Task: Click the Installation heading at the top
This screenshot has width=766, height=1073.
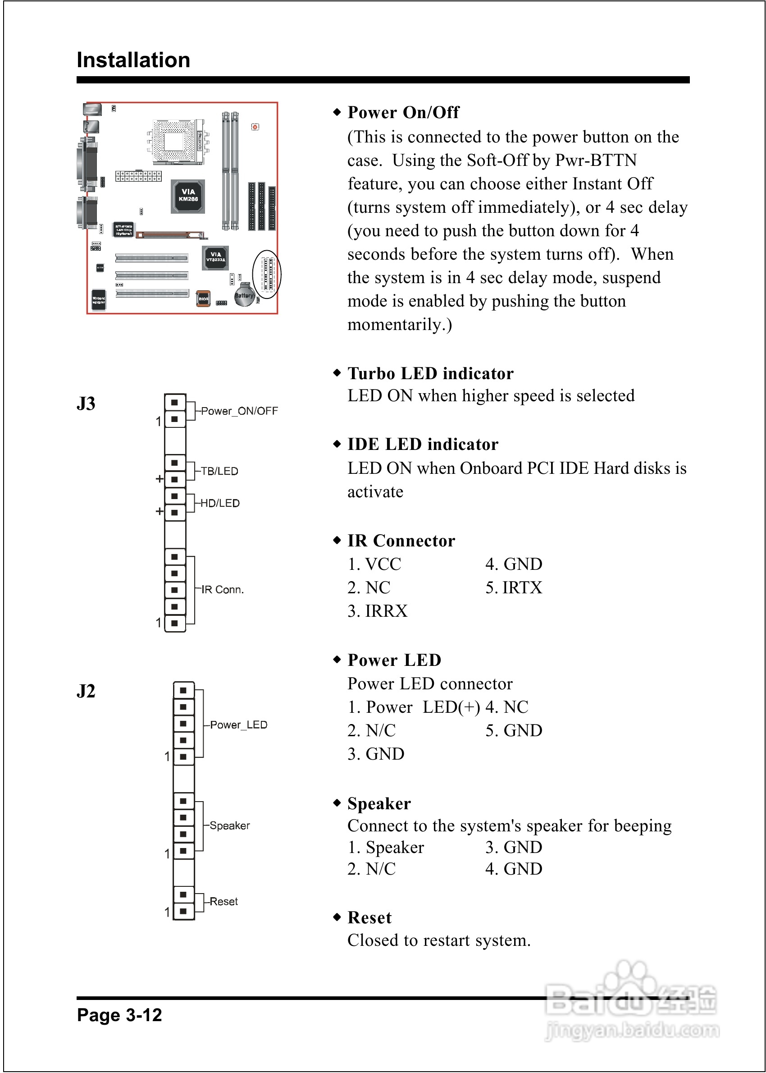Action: tap(133, 60)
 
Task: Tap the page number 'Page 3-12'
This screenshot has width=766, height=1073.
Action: tap(119, 1014)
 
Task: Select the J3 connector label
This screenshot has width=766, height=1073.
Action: tap(86, 404)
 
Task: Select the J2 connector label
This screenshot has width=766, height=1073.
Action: tap(86, 691)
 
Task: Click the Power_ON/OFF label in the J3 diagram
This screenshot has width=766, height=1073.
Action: tap(239, 411)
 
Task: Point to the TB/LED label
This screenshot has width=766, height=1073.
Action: tap(219, 471)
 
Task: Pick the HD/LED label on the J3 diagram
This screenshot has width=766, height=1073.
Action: tap(220, 503)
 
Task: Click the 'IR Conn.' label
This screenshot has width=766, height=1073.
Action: tap(222, 589)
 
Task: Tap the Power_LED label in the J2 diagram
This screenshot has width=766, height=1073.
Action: tap(238, 725)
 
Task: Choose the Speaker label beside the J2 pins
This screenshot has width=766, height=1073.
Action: tap(230, 826)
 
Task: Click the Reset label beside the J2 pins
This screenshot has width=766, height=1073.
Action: tap(223, 902)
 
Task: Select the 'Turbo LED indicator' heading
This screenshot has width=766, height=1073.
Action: tap(430, 374)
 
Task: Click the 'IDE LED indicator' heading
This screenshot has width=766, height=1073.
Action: tap(423, 445)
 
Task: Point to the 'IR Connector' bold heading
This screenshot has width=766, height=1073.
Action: tap(401, 541)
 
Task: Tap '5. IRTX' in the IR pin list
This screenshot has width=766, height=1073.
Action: tap(514, 588)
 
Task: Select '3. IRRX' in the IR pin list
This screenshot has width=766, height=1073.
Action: tap(377, 611)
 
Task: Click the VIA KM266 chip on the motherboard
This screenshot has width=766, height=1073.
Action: tap(188, 195)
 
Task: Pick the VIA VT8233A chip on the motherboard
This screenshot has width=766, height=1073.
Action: tap(215, 257)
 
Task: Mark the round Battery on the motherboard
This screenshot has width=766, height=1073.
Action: tap(244, 295)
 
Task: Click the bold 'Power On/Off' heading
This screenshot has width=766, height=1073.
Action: tap(403, 112)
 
